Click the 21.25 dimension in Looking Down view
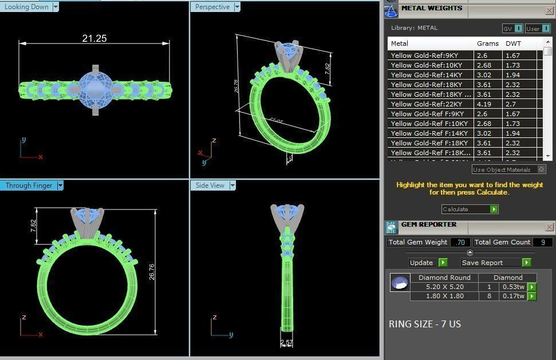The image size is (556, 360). click(x=94, y=38)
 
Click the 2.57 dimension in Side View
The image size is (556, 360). click(x=286, y=342)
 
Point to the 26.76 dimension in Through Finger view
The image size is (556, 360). click(x=151, y=272)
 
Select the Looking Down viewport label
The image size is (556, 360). click(x=27, y=7)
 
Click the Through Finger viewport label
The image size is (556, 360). click(x=29, y=185)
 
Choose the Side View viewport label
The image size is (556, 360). click(x=210, y=185)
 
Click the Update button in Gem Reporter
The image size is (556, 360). click(x=421, y=263)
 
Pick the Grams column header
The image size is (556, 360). click(x=487, y=43)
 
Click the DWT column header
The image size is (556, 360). click(x=513, y=43)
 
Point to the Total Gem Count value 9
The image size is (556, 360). click(x=542, y=242)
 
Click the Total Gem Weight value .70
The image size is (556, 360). click(x=460, y=242)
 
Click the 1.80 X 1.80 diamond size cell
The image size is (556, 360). click(x=445, y=296)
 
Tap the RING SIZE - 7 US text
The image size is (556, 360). click(x=424, y=324)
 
